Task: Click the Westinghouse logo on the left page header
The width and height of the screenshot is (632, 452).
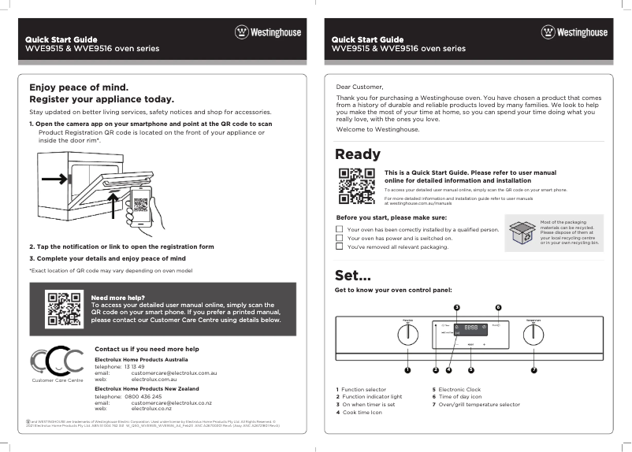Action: [x=268, y=32]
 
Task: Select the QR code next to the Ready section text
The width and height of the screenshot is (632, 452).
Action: [x=355, y=186]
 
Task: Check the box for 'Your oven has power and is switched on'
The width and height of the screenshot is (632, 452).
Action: [x=340, y=237]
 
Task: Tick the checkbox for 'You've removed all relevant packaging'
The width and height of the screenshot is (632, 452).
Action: [x=340, y=246]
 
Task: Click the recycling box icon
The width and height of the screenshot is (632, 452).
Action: [x=521, y=234]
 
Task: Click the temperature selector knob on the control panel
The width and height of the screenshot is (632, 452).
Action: [x=533, y=334]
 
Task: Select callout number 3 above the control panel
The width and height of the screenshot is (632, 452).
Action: [x=456, y=306]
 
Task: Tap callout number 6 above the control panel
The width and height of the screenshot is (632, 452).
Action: [x=498, y=306]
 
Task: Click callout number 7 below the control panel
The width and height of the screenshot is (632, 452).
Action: [x=533, y=369]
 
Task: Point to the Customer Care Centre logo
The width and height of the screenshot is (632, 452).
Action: [x=57, y=363]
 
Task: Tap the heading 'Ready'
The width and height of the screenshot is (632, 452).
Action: [x=357, y=154]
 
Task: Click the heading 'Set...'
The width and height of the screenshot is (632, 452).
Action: [x=352, y=276]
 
